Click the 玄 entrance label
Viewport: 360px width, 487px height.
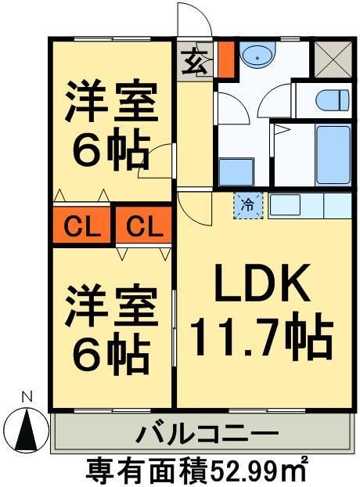coord(193,60)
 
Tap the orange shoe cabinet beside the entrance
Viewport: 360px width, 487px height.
coord(225,60)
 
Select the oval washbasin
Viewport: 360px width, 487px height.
coord(255,56)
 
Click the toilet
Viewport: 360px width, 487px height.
coord(333,100)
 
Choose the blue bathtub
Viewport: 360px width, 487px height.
coord(332,154)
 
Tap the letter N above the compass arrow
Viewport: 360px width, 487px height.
coord(27,397)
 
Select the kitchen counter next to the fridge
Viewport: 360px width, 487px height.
coord(310,207)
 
